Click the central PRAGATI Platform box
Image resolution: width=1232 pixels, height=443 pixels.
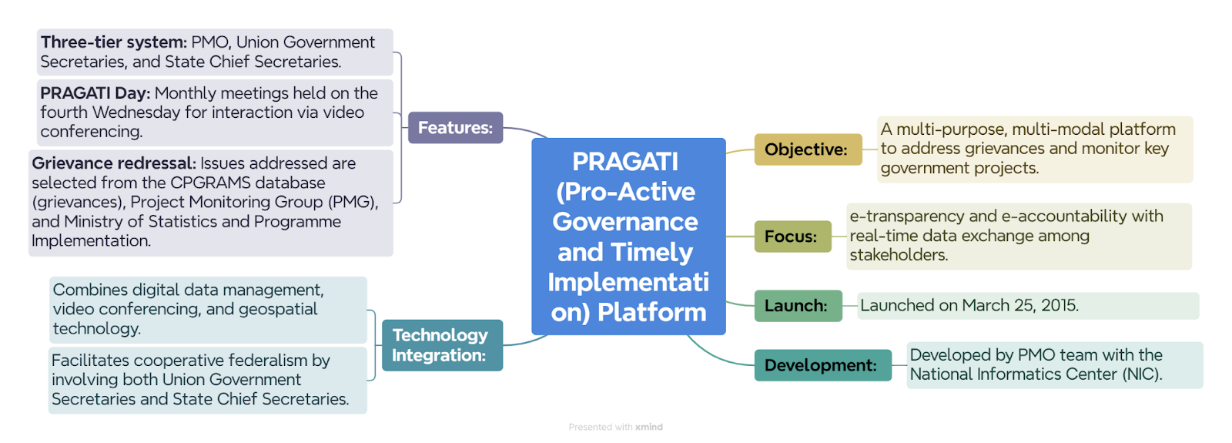point(628,236)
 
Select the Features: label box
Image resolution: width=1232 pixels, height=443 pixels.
point(455,128)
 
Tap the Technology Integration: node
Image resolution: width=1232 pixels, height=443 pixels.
point(442,345)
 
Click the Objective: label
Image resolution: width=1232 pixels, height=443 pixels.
point(808,149)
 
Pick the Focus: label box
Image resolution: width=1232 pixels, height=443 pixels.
point(792,237)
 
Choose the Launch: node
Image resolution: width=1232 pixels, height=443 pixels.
point(798,306)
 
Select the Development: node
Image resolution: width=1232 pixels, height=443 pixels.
point(823,365)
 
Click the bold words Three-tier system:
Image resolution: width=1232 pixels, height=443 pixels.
point(114,42)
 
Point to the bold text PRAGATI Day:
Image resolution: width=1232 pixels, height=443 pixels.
point(95,93)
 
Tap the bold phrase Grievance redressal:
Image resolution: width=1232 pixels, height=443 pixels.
point(114,163)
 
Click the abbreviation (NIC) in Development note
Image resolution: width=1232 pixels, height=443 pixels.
point(1143,374)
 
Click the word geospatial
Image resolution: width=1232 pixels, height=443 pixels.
point(278,309)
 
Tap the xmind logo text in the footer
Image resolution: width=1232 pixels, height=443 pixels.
point(649,427)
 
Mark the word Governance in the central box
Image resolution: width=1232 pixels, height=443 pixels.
point(625,222)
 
